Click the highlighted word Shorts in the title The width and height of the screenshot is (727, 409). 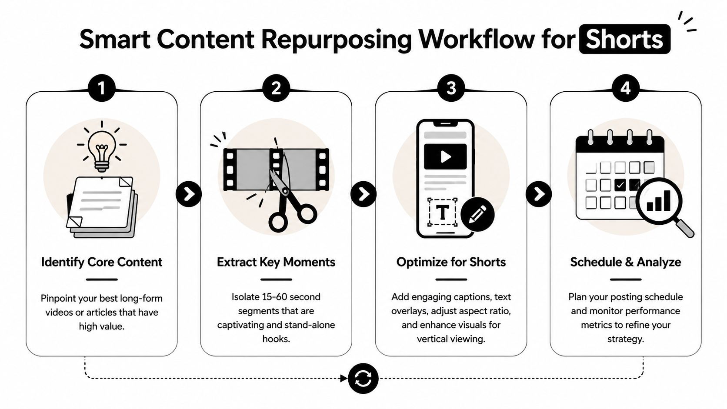point(624,39)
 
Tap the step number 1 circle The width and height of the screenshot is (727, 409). point(101,88)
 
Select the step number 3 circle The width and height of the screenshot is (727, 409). point(451,88)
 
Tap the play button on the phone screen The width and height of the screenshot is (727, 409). point(445,156)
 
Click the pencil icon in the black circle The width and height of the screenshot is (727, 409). point(477,214)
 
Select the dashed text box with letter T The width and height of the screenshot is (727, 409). point(442,213)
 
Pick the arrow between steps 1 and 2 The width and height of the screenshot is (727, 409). point(189,194)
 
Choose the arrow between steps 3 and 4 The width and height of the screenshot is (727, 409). point(539,194)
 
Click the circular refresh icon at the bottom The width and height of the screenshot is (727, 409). point(363,379)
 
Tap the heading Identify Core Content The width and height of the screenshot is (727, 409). point(101,262)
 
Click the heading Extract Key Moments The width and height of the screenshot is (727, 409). point(276,262)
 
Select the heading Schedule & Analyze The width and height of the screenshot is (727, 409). point(625,262)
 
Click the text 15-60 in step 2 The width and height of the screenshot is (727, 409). point(274,297)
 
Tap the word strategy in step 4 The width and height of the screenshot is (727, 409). point(625,339)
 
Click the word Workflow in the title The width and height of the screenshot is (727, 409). point(477,39)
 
